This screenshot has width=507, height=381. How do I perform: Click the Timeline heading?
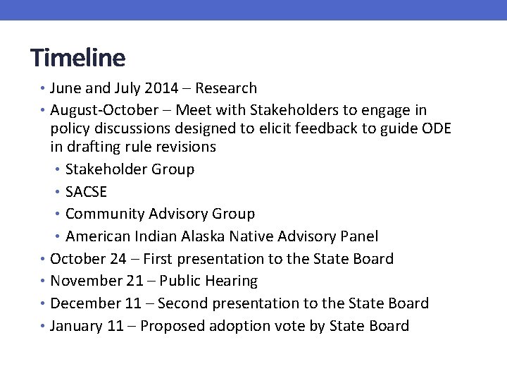(x=77, y=57)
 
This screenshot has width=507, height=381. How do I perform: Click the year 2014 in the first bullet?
(x=161, y=88)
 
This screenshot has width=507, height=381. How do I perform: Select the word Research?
(x=226, y=88)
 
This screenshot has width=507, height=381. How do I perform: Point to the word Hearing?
(x=231, y=282)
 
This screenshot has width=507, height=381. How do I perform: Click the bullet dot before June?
(x=43, y=89)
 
